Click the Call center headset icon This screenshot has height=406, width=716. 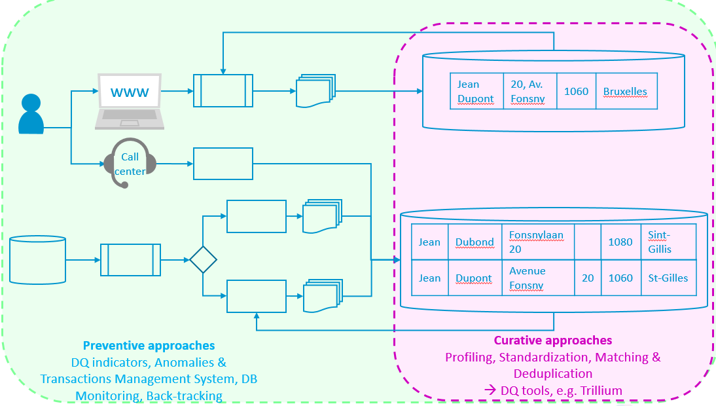click(130, 162)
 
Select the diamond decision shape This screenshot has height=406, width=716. click(203, 260)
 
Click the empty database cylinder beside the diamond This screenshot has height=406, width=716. click(38, 260)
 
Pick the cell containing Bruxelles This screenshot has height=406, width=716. click(625, 91)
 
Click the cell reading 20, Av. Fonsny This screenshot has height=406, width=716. click(529, 91)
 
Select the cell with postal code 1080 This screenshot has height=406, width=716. click(620, 242)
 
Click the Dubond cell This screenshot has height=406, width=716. click(474, 242)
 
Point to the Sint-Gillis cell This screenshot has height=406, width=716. click(668, 242)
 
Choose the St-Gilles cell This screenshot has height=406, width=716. click(668, 278)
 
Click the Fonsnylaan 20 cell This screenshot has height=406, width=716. click(537, 242)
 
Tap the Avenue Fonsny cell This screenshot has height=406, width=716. click(537, 278)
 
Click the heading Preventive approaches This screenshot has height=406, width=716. click(149, 345)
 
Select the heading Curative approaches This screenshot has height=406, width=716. click(553, 340)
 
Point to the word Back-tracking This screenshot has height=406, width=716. click(185, 396)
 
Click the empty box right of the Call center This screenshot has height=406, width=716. click(223, 164)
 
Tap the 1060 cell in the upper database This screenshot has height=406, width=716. click(576, 91)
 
